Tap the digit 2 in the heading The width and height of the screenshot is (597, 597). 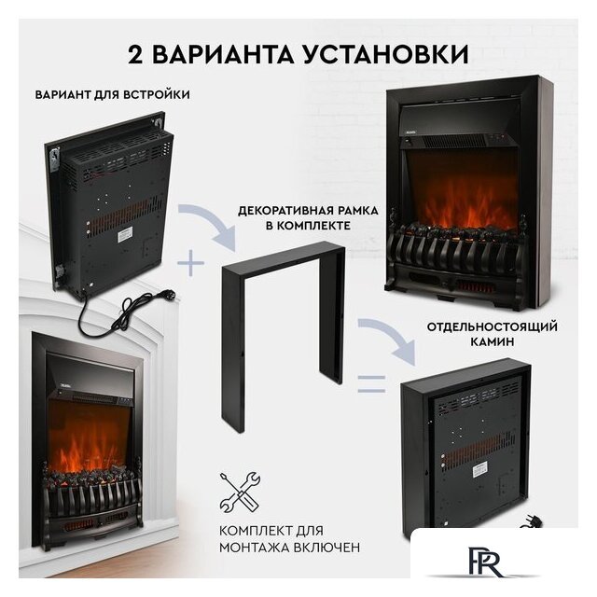click(x=135, y=52)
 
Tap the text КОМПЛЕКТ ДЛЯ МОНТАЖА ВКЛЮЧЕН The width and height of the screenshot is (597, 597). click(x=289, y=537)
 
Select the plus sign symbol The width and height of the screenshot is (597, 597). click(x=192, y=264)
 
